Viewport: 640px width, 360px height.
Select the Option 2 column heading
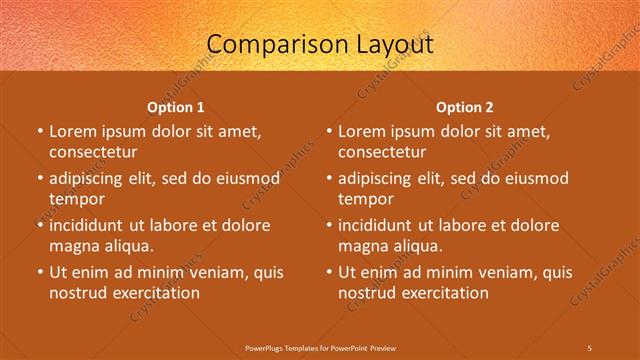(x=465, y=106)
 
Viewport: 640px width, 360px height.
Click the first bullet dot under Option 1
(x=39, y=131)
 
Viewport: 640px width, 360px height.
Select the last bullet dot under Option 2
(x=329, y=271)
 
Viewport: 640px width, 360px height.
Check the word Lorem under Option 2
(x=362, y=130)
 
